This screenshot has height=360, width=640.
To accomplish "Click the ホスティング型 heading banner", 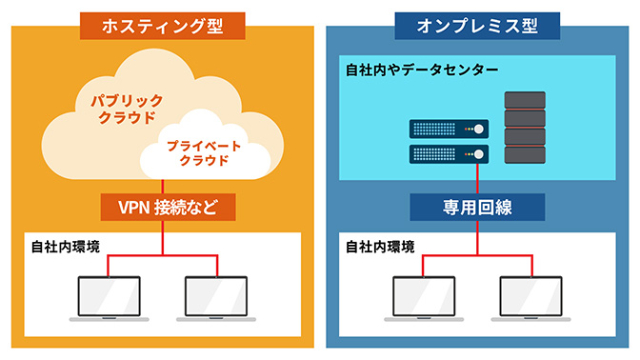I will click(x=162, y=25).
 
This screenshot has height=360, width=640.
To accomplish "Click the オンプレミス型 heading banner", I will click(x=478, y=25).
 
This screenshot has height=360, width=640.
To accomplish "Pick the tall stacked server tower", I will click(x=525, y=130).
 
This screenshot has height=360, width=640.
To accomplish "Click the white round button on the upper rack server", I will click(x=480, y=129).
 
